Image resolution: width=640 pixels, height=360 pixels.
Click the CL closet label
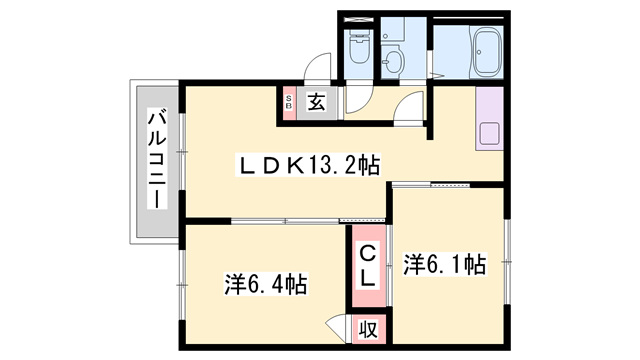(367, 265)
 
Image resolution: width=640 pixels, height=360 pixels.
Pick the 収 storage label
(367, 328)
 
